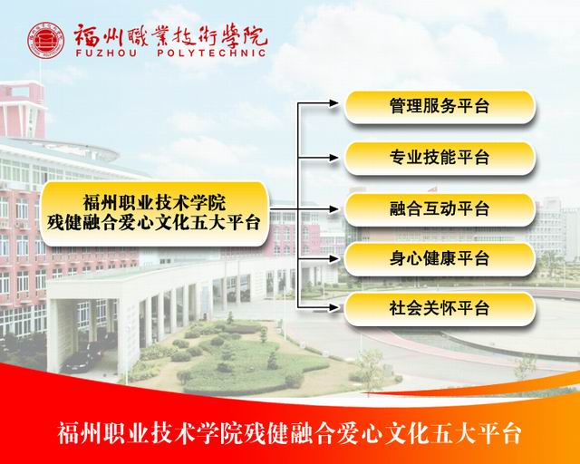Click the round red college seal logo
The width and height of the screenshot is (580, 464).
point(46,41)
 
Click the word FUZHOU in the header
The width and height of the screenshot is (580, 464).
point(106,53)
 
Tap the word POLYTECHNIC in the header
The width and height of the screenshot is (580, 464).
point(211,53)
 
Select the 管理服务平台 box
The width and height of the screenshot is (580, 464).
point(440,107)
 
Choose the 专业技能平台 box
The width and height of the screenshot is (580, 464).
point(440,158)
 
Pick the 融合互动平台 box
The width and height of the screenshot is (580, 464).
point(440,209)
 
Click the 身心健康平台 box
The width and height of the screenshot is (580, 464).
point(440,258)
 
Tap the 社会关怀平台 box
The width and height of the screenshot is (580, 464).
point(440,309)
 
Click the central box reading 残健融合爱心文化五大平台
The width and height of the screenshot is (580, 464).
point(153,214)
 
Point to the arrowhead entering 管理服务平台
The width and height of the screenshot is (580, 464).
point(333,103)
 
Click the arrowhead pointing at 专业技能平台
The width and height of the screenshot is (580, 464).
point(333,158)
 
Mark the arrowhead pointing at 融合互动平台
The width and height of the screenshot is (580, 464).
point(333,209)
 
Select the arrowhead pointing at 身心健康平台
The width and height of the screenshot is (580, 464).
point(333,258)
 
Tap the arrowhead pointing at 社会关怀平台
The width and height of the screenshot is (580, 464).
point(333,307)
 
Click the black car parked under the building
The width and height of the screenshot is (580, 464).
point(81,360)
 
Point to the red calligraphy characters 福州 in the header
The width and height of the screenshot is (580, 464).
point(98,35)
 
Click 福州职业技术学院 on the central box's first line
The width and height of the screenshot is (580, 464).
point(154,203)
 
